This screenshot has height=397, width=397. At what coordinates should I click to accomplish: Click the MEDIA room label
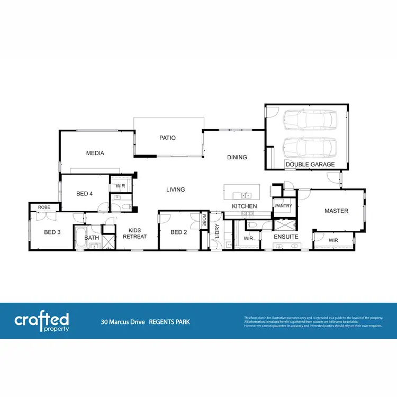[95, 153]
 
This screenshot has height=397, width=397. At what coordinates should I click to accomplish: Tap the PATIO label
[167, 138]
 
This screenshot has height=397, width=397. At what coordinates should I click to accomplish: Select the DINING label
[237, 157]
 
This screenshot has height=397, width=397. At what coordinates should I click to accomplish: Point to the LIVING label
[175, 190]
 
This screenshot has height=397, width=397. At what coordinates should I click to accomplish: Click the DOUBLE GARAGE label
[310, 165]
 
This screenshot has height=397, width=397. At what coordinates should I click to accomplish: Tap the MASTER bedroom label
[336, 211]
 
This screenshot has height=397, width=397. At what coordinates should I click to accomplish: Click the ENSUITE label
[286, 237]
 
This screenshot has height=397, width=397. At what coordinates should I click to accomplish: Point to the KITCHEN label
[245, 206]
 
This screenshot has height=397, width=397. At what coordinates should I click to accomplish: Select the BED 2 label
[178, 232]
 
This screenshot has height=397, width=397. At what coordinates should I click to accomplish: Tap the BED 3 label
[52, 232]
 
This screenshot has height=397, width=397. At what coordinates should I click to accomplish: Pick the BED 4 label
[85, 194]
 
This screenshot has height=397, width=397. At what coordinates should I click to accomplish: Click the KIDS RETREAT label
[134, 233]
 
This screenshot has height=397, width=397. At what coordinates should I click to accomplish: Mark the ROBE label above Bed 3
[44, 207]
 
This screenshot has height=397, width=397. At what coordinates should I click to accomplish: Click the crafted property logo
[41, 321]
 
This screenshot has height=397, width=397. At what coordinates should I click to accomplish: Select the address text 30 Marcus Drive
[123, 321]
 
